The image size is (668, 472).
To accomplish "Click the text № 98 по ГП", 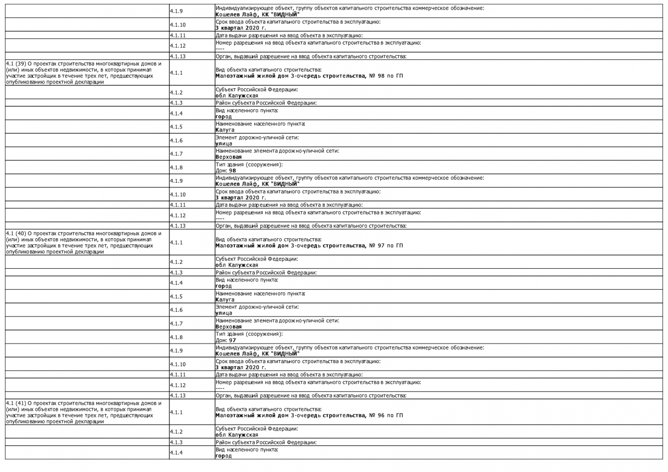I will (x=386, y=76).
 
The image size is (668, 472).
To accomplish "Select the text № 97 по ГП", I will (x=386, y=246).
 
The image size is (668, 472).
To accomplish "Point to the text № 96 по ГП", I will (x=386, y=416).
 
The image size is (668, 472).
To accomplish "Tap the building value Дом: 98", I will (x=225, y=171).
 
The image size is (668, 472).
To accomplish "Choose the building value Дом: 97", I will (x=225, y=340).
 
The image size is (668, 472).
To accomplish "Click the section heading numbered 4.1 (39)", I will (x=83, y=73).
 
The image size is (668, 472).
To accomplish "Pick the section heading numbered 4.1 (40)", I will (x=83, y=243).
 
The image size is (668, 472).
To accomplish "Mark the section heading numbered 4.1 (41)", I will (x=83, y=412).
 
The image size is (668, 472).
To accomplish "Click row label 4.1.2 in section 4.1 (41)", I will (x=176, y=432).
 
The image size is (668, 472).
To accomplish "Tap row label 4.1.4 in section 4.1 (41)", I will (x=176, y=453).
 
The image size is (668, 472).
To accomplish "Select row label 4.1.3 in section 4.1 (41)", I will (x=176, y=442).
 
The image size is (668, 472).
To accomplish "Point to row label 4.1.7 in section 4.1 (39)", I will (x=176, y=154).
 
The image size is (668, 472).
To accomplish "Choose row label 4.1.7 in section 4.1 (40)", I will (x=176, y=324).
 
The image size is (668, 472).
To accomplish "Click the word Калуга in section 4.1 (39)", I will (x=225, y=130).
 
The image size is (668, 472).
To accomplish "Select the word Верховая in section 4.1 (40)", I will (x=228, y=327).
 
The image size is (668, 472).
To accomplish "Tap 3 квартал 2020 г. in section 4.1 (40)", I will (x=240, y=368).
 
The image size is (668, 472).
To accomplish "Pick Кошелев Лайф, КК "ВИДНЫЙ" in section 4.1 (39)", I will (x=257, y=184).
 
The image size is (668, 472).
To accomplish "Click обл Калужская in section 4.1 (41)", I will (x=236, y=435).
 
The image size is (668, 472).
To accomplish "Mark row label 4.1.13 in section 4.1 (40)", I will (x=177, y=396).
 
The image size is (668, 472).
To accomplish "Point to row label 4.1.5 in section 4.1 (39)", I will (x=176, y=127).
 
